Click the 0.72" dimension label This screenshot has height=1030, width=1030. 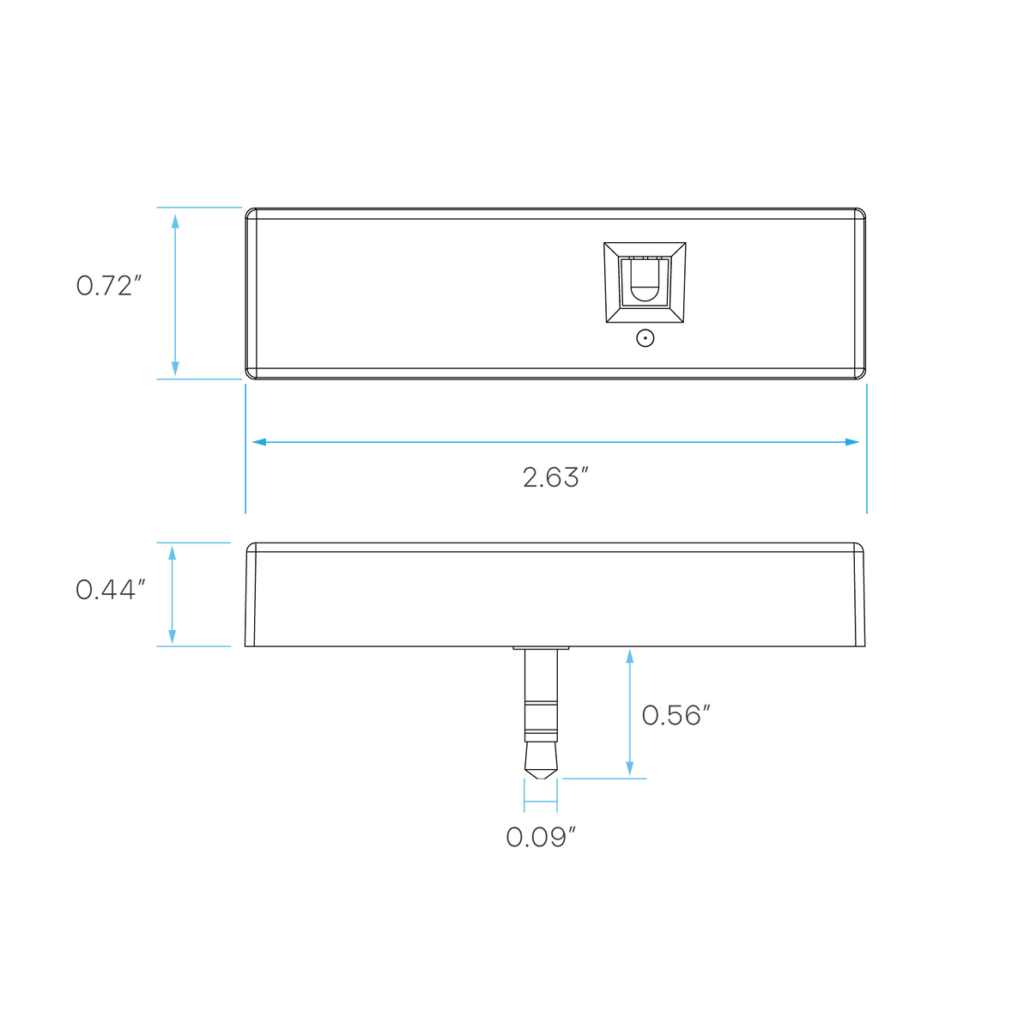point(108,286)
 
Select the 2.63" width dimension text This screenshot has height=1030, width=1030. point(555,477)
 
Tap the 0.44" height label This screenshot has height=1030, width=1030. point(110,590)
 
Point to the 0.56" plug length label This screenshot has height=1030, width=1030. point(676,715)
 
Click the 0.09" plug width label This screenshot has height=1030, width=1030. point(541,837)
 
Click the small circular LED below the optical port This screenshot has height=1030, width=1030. point(645,338)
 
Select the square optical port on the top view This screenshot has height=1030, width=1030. point(645,282)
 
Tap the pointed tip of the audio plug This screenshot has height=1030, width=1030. point(541,779)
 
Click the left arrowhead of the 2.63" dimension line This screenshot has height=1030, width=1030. point(259,442)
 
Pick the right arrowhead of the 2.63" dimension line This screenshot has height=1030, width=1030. point(852,442)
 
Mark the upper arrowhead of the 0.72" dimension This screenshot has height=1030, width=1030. point(175,221)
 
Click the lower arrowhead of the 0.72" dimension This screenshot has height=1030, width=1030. point(175,368)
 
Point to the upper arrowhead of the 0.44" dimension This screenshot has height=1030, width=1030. point(173,553)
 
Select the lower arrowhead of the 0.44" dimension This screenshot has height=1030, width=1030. point(173,637)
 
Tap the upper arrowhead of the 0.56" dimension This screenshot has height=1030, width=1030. point(630,657)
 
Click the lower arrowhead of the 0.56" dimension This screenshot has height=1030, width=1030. point(630,768)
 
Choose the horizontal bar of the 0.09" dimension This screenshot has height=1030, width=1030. point(541,801)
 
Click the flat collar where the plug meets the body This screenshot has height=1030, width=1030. point(541,648)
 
